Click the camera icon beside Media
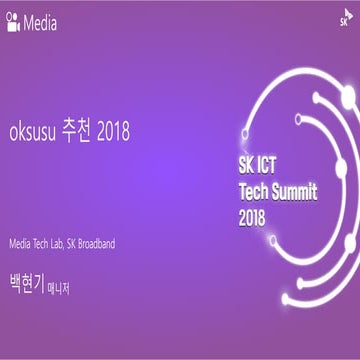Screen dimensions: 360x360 13,19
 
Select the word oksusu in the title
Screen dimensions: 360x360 32,132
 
